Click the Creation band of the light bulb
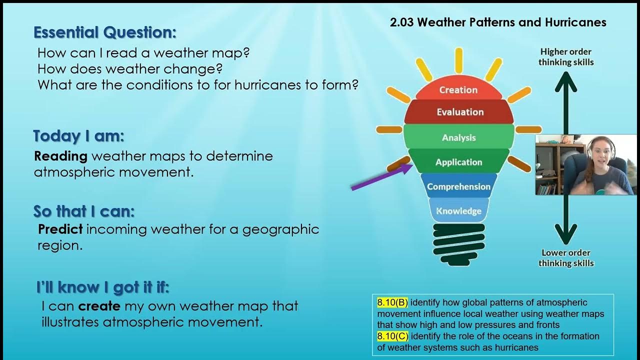tap(458, 90)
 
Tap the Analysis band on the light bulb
tap(458, 137)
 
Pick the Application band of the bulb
tap(458, 162)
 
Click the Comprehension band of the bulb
tap(458, 186)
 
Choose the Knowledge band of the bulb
tap(458, 211)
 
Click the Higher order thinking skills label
tap(565, 57)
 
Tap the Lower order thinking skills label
tap(565, 258)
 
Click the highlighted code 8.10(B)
tap(392, 302)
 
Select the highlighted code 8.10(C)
tap(392, 336)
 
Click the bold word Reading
tap(60, 156)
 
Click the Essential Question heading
tap(104, 32)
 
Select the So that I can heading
tap(84, 211)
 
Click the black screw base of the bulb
tap(458, 244)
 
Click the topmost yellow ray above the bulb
tap(458, 60)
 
